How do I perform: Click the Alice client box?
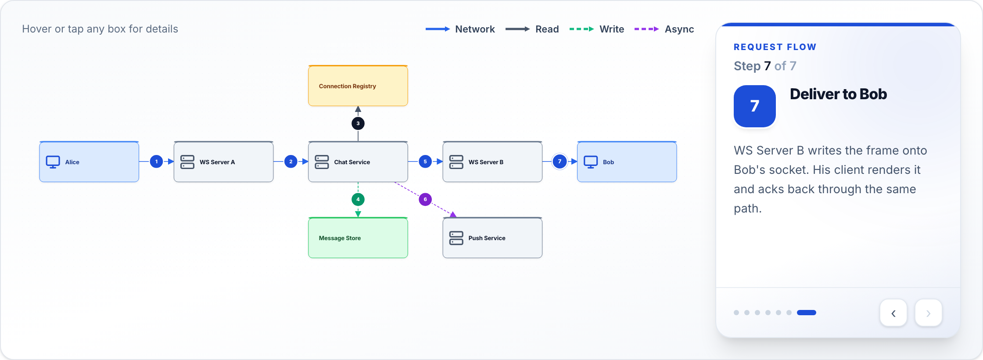89,162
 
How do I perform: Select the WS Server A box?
223,162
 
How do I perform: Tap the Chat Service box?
358,162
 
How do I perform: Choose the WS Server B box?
492,162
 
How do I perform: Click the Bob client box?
627,162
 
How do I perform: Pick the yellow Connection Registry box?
358,86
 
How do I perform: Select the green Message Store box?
358,238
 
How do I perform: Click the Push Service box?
492,238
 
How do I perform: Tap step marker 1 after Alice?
156,162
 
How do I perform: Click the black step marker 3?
358,123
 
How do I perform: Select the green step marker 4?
358,199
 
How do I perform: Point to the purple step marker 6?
425,199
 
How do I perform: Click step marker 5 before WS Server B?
425,162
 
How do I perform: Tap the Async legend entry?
664,29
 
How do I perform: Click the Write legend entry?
597,29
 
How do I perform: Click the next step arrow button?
929,313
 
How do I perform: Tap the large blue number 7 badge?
755,106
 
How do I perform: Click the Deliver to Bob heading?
838,94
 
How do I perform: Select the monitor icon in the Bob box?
591,162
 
